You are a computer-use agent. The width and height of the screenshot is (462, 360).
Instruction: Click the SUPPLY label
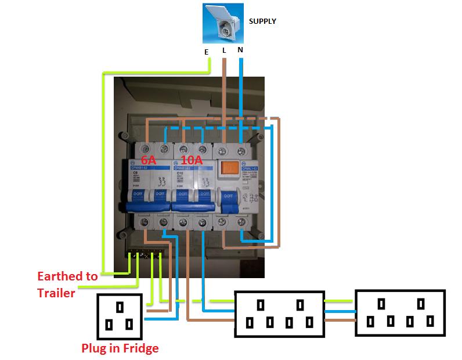pos(262,21)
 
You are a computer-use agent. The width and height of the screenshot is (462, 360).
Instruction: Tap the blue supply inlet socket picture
pos(225,23)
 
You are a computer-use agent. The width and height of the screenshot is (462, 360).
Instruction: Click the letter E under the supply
pos(206,52)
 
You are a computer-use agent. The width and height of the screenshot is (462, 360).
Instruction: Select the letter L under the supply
pos(224,51)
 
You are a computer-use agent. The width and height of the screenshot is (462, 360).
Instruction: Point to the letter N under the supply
pos(240,50)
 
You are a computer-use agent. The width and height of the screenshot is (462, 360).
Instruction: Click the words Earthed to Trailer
pos(67,285)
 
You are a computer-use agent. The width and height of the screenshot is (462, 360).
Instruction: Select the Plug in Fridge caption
pos(120,349)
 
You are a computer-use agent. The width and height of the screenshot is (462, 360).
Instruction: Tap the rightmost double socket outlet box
pos(400,314)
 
